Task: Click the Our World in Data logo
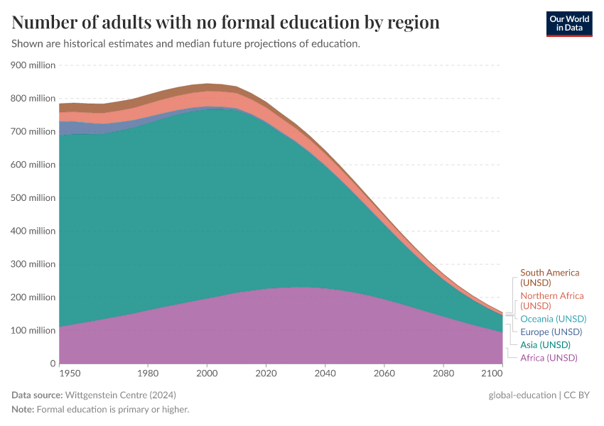pos(568,23)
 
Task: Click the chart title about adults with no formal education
pos(225,23)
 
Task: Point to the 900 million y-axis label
pos(33,65)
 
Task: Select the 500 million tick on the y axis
pos(33,197)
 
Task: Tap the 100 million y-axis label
pos(33,330)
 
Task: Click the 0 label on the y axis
pos(53,364)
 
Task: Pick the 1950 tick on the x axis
pos(70,373)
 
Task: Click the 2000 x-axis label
pos(206,373)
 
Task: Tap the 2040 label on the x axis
pos(325,373)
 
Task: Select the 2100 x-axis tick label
pos(492,373)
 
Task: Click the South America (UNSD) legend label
pos(549,278)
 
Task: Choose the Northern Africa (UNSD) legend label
pos(551,300)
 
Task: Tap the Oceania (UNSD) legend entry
pos(553,319)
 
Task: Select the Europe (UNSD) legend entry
pos(551,332)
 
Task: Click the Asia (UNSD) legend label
pos(545,345)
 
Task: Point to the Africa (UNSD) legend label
pos(549,358)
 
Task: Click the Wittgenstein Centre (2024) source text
pos(121,395)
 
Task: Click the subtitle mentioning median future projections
pos(185,44)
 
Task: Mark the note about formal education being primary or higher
pos(100,410)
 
